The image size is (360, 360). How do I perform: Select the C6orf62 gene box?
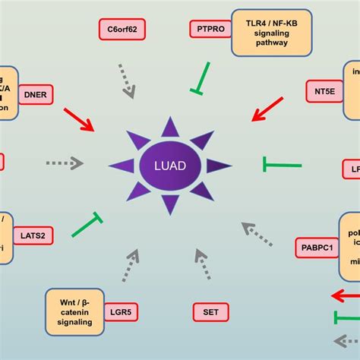122,30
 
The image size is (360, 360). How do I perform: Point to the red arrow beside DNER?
78,118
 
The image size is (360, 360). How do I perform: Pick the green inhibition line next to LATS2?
87,226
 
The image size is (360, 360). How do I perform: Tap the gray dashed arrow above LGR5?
130,267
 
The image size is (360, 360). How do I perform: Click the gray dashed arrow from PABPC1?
257,233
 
